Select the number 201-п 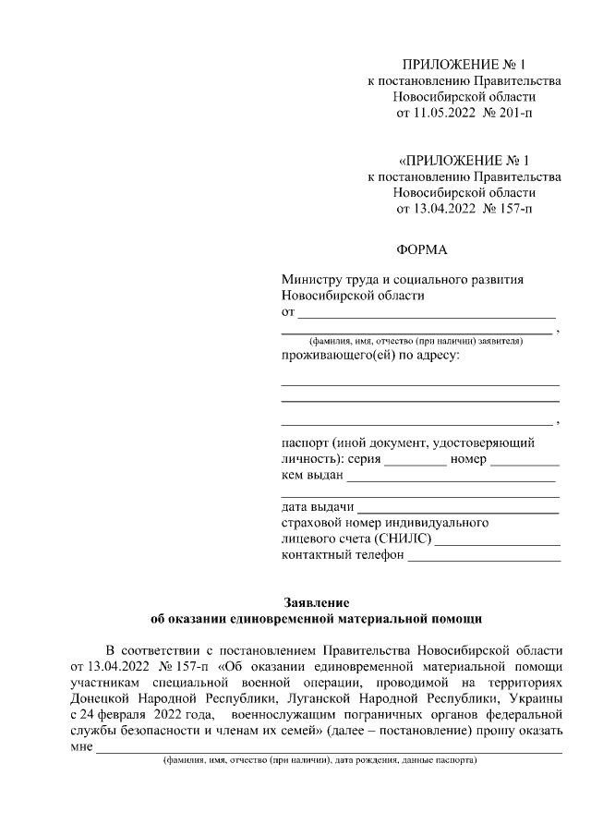513,114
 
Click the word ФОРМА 420,249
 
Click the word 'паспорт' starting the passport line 305,443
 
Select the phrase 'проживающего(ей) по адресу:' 370,356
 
